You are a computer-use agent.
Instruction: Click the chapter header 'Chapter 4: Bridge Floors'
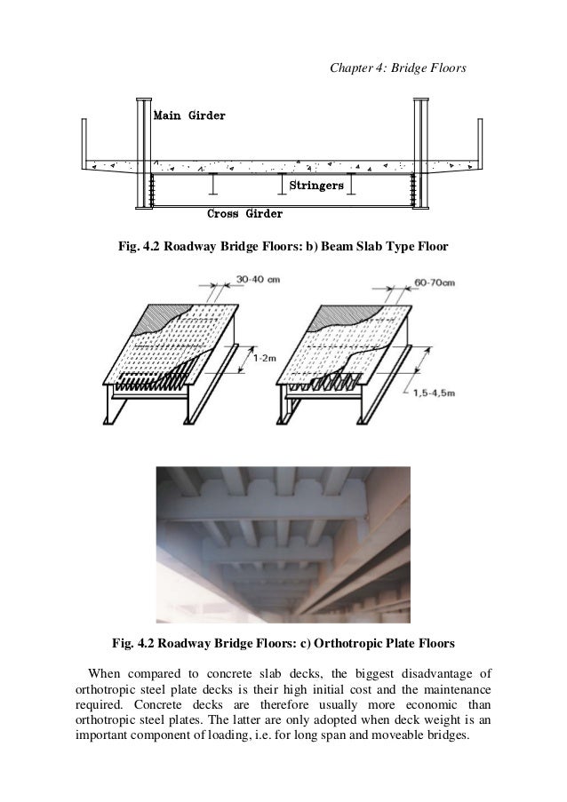(x=396, y=66)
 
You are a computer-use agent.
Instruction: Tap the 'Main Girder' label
(x=189, y=115)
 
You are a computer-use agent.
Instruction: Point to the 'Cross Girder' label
(x=244, y=214)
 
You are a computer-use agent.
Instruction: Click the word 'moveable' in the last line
(x=395, y=737)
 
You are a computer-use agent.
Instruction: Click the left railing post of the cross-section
(x=84, y=142)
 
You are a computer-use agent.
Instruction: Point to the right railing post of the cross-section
(x=481, y=142)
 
